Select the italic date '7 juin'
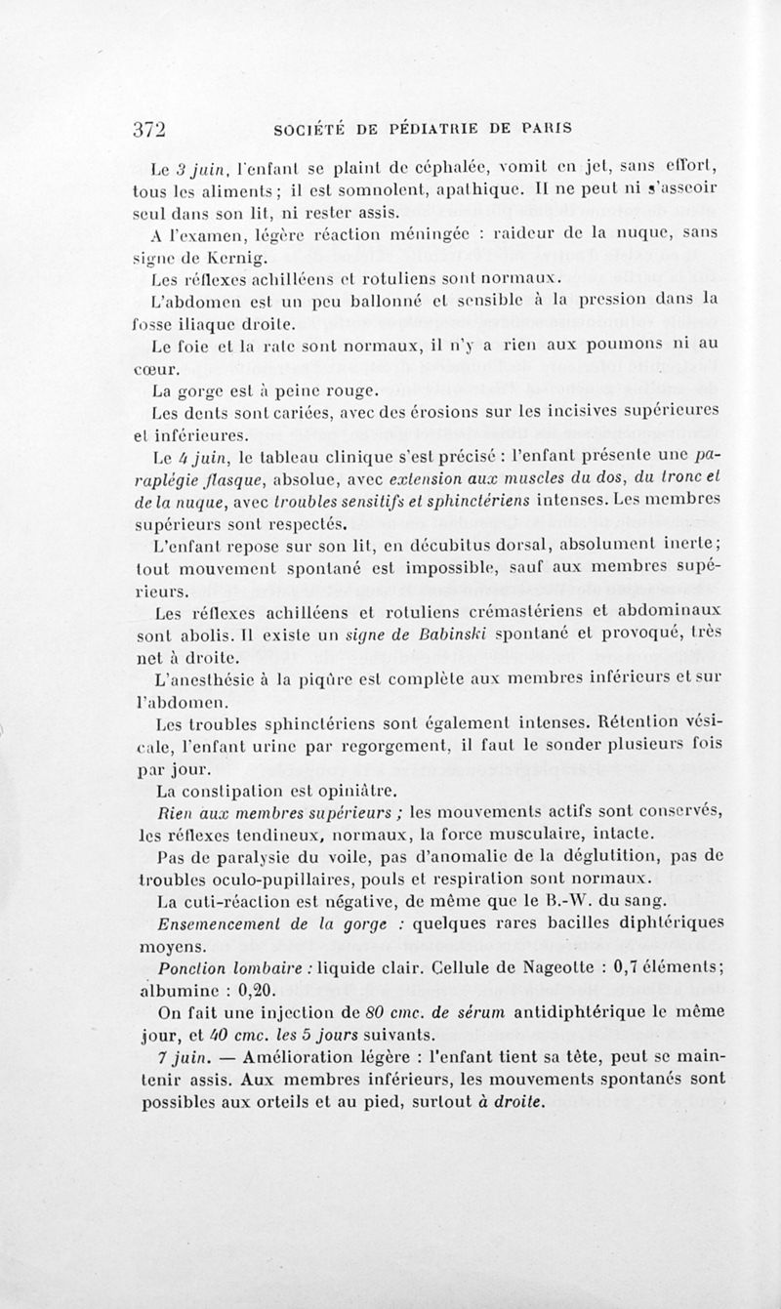185,1056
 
